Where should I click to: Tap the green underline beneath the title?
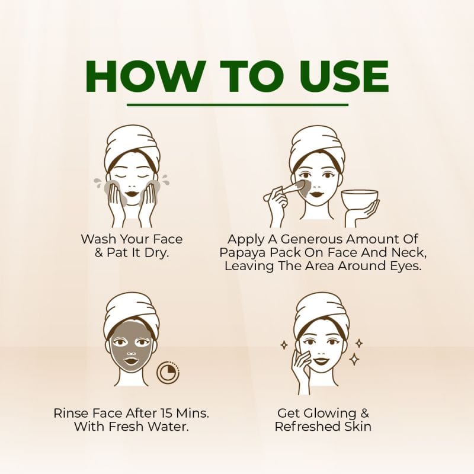[238, 105]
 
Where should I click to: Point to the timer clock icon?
[168, 371]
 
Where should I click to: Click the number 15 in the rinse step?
[167, 412]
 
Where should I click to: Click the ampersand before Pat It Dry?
[99, 252]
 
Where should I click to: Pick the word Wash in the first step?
[98, 239]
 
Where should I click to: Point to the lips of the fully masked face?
[131, 361]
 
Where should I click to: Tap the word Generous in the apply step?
[312, 239]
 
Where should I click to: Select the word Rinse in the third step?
[71, 412]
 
